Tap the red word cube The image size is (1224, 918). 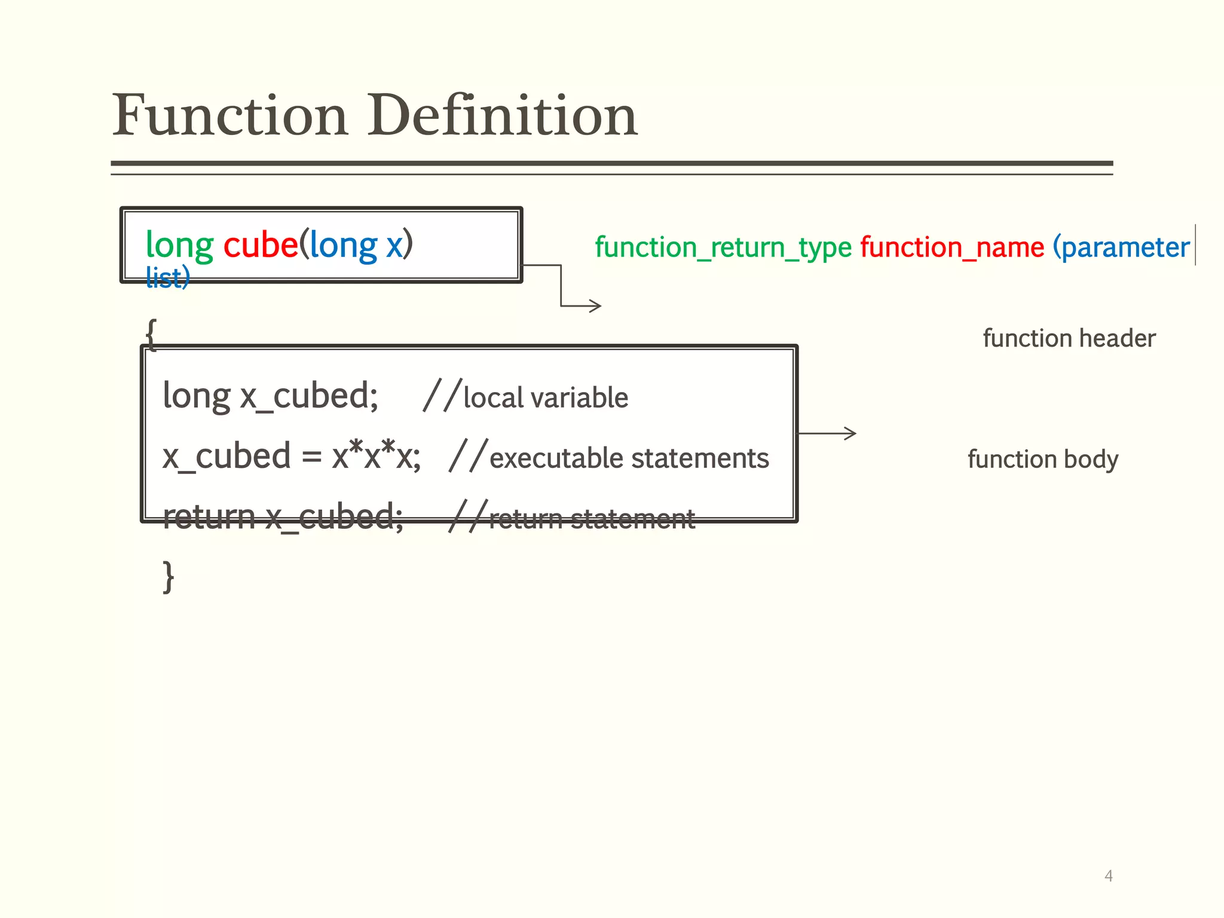pos(260,245)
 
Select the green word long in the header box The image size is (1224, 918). pos(179,245)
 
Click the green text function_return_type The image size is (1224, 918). pos(723,247)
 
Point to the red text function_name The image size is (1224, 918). pos(952,247)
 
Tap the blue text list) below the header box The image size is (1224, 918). pos(168,279)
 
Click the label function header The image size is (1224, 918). pos(1069,339)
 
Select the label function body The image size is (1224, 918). pos(1043,460)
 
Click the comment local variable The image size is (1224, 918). pos(546,398)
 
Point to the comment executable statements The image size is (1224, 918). pos(629,458)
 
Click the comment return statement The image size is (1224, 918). pos(592,519)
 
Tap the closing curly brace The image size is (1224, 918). pos(169,577)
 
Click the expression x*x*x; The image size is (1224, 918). pos(377,457)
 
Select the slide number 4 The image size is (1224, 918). pos(1109,876)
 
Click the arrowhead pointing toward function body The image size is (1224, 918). pos(851,433)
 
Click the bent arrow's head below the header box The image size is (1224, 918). pos(596,306)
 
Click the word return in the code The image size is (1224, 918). pos(209,517)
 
